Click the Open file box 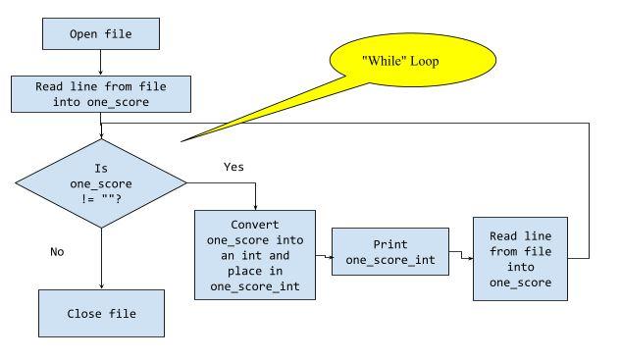[x=101, y=34]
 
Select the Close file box [x=101, y=313]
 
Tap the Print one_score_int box [x=390, y=252]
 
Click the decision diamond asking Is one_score [x=101, y=182]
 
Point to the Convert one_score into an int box [x=255, y=255]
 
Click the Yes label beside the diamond [x=233, y=167]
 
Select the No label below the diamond [x=57, y=251]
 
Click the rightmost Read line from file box [x=520, y=258]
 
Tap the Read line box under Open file [x=101, y=94]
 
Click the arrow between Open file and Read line [x=101, y=65]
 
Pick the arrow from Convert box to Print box [x=325, y=255]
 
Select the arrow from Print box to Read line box [x=461, y=258]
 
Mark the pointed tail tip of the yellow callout [x=182, y=141]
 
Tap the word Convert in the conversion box [x=255, y=223]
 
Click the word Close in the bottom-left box [x=83, y=313]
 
